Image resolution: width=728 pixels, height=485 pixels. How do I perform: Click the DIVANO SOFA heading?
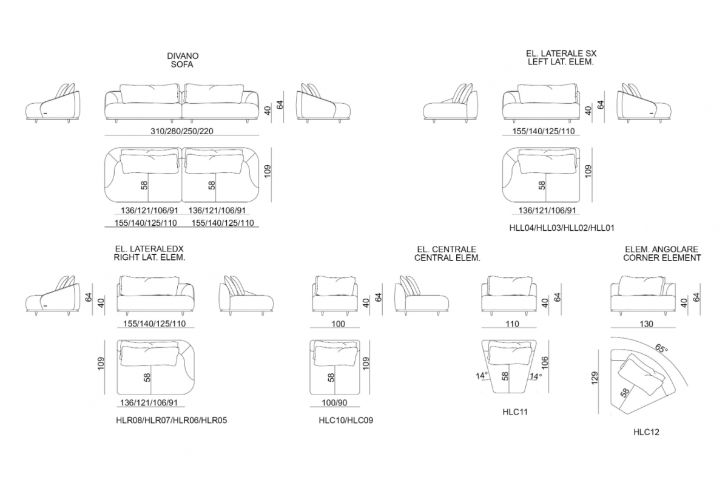[183, 60]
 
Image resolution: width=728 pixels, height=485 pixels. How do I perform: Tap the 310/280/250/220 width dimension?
[181, 131]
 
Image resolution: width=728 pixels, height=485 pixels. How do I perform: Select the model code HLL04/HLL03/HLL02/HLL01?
[562, 228]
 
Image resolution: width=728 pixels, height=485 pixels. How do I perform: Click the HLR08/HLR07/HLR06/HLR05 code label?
[171, 420]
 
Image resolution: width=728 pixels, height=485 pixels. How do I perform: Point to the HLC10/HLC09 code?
[346, 420]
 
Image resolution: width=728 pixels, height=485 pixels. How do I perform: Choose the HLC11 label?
[515, 412]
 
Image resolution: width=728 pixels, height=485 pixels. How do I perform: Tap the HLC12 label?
[646, 432]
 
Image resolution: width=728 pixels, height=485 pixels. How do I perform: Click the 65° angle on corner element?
[661, 348]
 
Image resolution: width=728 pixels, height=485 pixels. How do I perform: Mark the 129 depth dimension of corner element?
[595, 378]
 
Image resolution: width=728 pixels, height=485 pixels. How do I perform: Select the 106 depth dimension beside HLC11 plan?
[545, 363]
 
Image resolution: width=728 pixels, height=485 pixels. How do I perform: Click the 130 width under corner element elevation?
[646, 324]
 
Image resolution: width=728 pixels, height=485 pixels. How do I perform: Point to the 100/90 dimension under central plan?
[334, 402]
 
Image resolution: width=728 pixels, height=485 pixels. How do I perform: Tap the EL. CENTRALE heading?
[447, 249]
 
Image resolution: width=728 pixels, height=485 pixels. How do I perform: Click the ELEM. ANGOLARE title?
[661, 249]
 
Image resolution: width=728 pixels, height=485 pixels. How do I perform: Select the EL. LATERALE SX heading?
[561, 53]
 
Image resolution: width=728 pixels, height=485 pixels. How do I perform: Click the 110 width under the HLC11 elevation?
[512, 324]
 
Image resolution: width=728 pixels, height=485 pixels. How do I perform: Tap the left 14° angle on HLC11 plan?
[482, 376]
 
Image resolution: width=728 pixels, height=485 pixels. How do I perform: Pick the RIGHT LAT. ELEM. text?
[149, 257]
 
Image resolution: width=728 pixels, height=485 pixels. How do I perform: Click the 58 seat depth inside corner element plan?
[624, 393]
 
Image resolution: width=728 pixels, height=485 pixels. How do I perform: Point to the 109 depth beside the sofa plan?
[267, 171]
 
